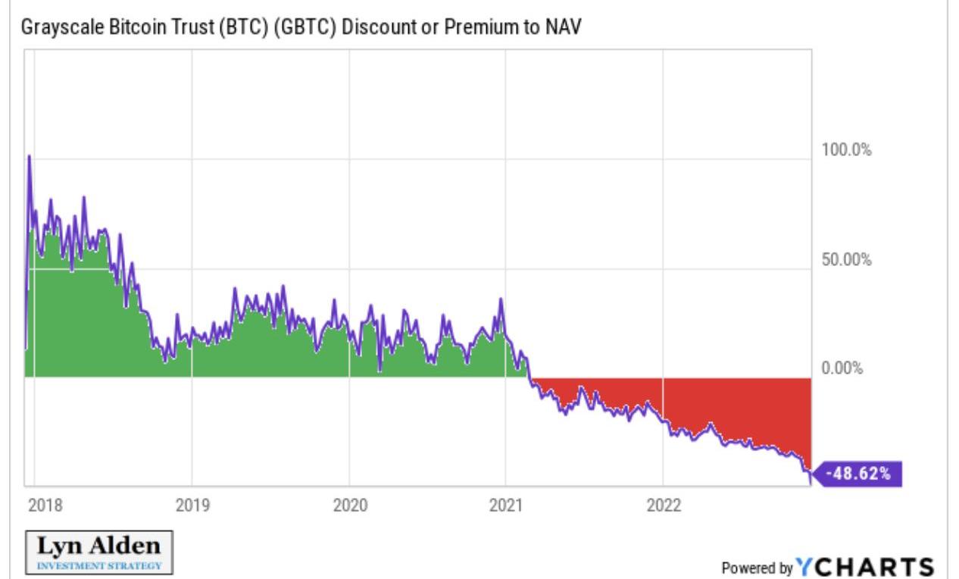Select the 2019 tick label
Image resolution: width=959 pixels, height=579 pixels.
192,505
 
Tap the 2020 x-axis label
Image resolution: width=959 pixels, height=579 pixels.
348,505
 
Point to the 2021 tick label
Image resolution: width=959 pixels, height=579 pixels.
505,505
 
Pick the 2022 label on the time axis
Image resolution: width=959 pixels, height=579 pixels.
663,505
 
